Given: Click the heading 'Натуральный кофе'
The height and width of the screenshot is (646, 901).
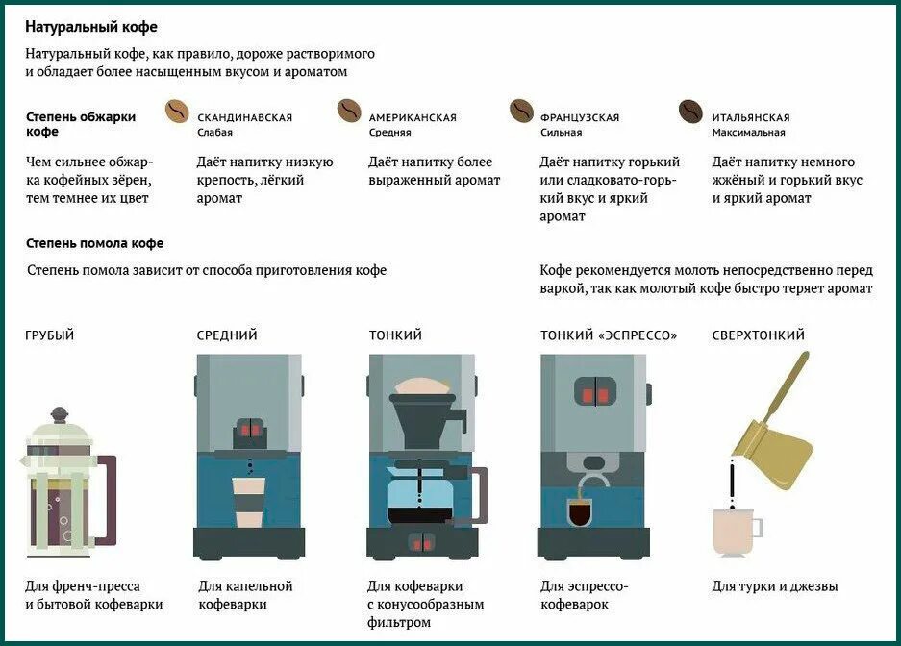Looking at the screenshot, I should [x=91, y=27].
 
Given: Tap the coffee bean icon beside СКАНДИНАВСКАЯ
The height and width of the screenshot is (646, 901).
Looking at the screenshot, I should [x=178, y=112].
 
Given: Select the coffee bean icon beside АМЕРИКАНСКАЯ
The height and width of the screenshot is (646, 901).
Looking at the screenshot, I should [x=349, y=112].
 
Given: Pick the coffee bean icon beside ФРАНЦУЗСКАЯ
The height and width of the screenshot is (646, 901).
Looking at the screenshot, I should [x=521, y=112].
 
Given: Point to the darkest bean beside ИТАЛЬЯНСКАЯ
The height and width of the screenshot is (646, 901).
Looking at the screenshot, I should [x=690, y=112].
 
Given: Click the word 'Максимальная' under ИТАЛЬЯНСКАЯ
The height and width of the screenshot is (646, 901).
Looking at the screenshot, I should [x=748, y=133].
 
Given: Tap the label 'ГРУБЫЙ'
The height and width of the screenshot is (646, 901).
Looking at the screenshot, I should [x=50, y=335].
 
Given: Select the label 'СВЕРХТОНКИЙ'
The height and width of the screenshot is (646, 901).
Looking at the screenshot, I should [x=758, y=335].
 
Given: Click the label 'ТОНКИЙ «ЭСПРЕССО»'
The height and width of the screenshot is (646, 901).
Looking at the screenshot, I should [x=609, y=335].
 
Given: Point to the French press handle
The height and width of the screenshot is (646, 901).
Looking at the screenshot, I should [x=109, y=500].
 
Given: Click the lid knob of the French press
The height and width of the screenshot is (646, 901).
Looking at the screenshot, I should [x=60, y=414].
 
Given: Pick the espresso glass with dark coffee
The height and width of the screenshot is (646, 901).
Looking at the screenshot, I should [x=581, y=512].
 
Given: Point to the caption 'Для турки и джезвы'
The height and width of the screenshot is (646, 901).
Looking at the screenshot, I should [x=775, y=586].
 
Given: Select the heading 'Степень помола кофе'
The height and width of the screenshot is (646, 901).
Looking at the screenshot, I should [x=94, y=243].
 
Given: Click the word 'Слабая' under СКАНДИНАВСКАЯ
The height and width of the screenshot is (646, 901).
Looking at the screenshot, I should [x=214, y=133].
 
